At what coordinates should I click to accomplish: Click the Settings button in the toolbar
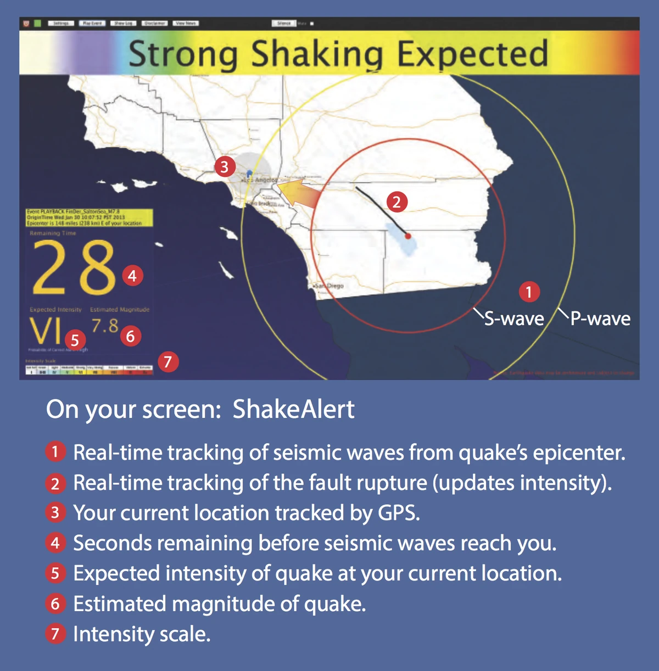click(x=61, y=23)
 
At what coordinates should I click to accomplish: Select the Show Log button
click(x=122, y=23)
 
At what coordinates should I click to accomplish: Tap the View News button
click(x=186, y=23)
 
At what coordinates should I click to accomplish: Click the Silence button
click(x=284, y=23)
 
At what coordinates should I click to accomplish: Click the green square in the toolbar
click(x=37, y=23)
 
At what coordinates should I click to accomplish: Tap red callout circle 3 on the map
click(x=224, y=166)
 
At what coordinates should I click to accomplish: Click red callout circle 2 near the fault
click(x=396, y=202)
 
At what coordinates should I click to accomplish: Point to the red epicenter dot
click(x=408, y=236)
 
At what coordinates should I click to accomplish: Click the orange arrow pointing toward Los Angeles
click(x=299, y=192)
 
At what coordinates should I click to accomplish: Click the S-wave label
click(x=513, y=318)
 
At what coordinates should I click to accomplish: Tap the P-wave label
click(x=600, y=318)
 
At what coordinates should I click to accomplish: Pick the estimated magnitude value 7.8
click(x=105, y=326)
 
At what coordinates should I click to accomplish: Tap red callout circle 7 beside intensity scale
click(x=168, y=361)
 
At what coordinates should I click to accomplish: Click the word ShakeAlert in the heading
click(x=293, y=410)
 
